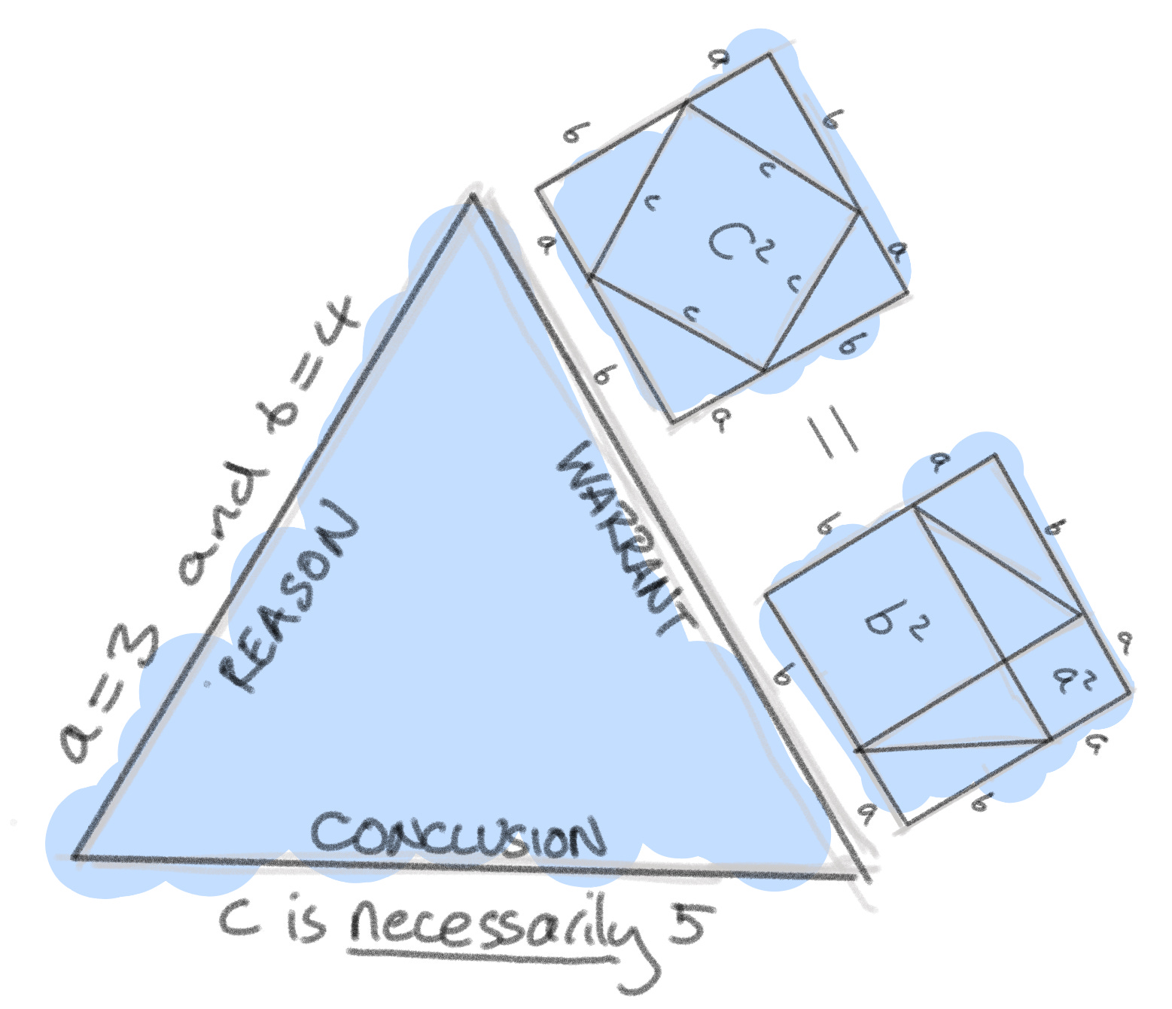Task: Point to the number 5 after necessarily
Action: point(686,923)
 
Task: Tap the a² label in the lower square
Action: point(1072,681)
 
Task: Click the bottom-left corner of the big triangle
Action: point(75,856)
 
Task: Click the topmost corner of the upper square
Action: point(769,54)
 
